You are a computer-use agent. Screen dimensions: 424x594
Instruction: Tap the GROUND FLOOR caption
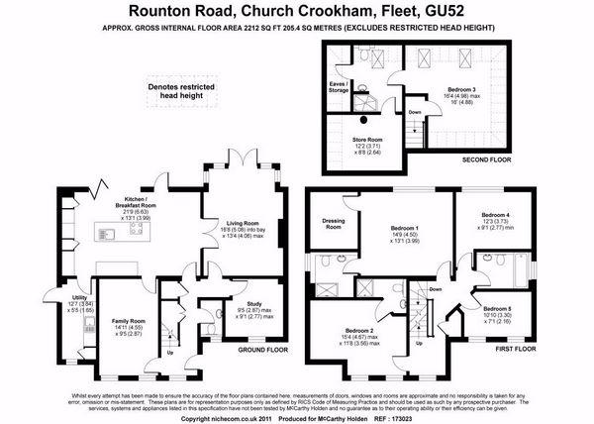point(264,350)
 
